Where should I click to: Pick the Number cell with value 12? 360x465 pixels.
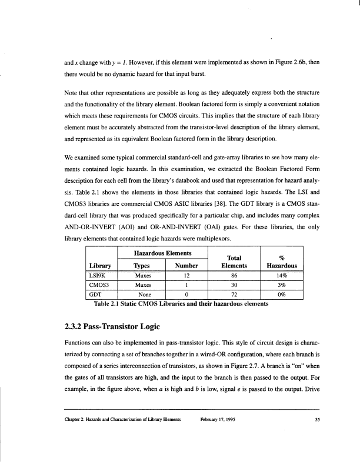[185, 274]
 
